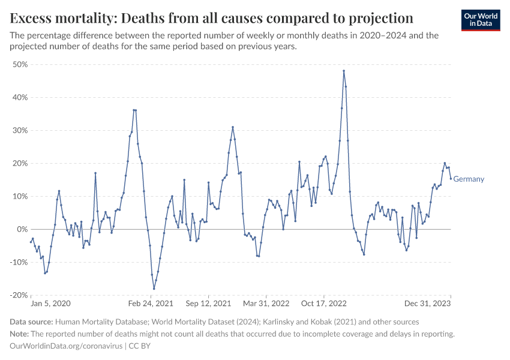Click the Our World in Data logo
pyautogui.click(x=481, y=20)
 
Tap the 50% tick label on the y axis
pyautogui.click(x=20, y=64)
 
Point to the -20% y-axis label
pyautogui.click(x=18, y=295)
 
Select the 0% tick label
pyautogui.click(x=22, y=229)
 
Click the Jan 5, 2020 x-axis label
pyautogui.click(x=51, y=304)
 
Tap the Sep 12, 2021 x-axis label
pyautogui.click(x=208, y=304)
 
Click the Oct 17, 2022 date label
pyautogui.click(x=324, y=304)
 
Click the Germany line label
pyautogui.click(x=469, y=179)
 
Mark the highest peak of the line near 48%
pyautogui.click(x=344, y=71)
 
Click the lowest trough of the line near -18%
pyautogui.click(x=154, y=289)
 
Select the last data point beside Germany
pyautogui.click(x=451, y=178)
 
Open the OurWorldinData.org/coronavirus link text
pyautogui.click(x=66, y=346)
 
